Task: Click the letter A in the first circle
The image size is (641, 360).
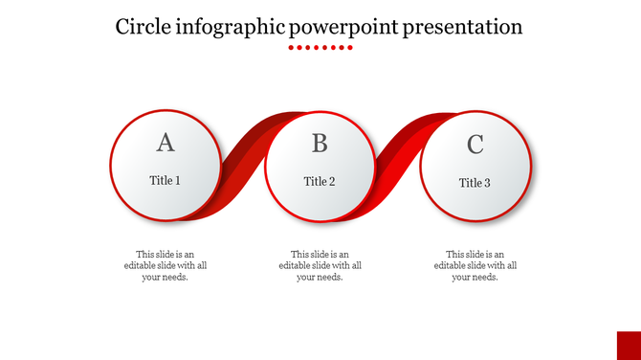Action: [x=166, y=143]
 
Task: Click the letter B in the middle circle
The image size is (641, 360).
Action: [x=320, y=144]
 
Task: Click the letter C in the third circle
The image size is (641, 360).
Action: [x=475, y=145]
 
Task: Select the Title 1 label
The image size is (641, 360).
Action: [x=165, y=180]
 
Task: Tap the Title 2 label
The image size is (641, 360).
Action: [x=320, y=181]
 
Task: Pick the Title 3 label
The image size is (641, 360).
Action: [x=475, y=183]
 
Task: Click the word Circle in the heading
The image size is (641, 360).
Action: [x=144, y=26]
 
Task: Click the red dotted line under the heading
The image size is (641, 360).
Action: [x=320, y=46]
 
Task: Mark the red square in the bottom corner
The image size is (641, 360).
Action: [x=629, y=345]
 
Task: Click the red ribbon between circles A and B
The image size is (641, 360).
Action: [x=244, y=163]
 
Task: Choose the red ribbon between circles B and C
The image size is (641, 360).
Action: [x=399, y=163]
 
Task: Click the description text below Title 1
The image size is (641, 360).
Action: [x=165, y=265]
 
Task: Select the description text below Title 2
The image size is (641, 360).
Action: [x=320, y=265]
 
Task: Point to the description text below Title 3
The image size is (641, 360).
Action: [x=475, y=265]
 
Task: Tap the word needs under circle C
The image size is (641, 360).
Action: [x=485, y=277]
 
